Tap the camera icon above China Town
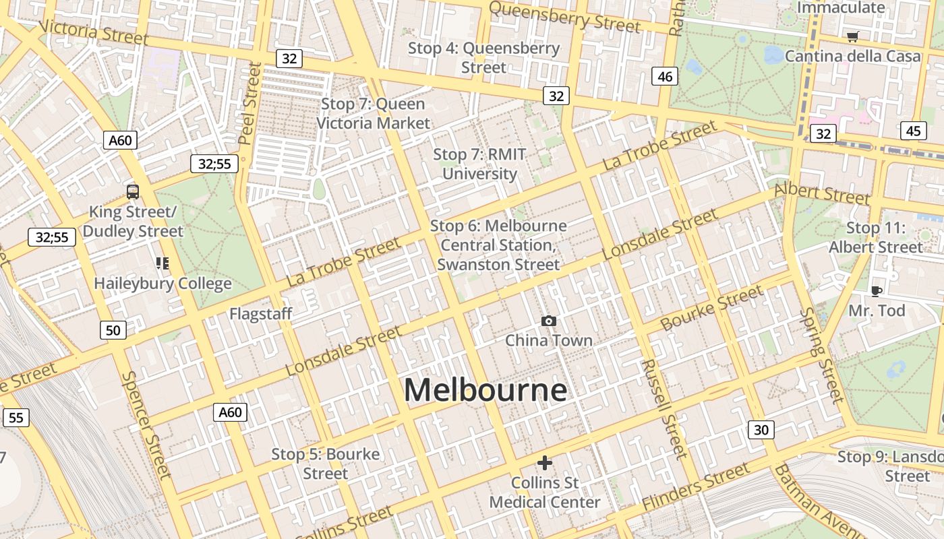coord(549,321)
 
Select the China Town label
coord(549,340)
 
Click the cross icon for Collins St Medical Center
coord(545,463)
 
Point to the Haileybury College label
coord(163,284)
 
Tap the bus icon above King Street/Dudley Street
coord(133,192)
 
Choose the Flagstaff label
coord(261,314)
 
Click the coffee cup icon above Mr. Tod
coord(876,291)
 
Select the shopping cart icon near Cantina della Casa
coord(853,36)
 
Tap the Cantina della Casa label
coord(852,56)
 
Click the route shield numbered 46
coord(665,77)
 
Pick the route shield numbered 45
coord(913,131)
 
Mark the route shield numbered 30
coord(761,430)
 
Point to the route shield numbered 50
coord(113,330)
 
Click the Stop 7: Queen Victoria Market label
coord(373,114)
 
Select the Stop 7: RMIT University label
coord(479,164)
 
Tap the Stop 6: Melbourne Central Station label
coord(498,245)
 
